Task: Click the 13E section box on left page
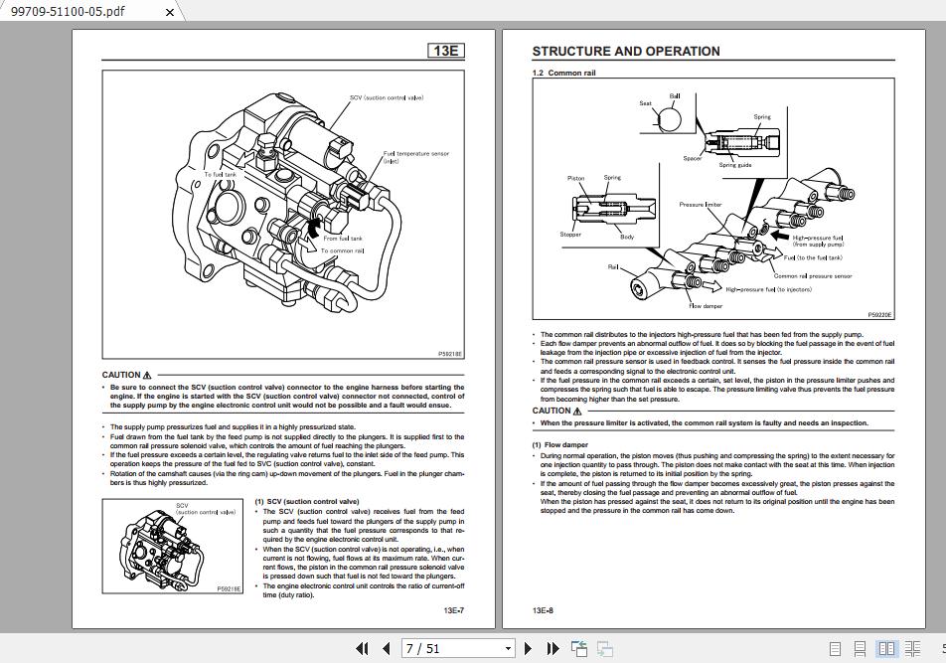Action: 446,51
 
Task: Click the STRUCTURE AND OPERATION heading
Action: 626,52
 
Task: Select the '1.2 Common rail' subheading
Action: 564,73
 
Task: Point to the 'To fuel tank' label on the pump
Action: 221,174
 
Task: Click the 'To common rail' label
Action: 342,250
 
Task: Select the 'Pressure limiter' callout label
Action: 701,205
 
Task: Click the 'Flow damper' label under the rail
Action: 706,306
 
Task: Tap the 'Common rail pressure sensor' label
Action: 813,276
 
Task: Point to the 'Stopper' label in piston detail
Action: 570,236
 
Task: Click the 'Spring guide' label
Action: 735,165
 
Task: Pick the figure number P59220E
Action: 879,314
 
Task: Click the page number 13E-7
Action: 454,610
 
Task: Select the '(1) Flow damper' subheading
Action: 560,445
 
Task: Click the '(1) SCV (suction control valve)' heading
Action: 307,502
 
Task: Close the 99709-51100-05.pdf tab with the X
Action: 169,12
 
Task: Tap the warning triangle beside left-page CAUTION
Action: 147,376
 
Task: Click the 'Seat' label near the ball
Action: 646,103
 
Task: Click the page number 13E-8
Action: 543,610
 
